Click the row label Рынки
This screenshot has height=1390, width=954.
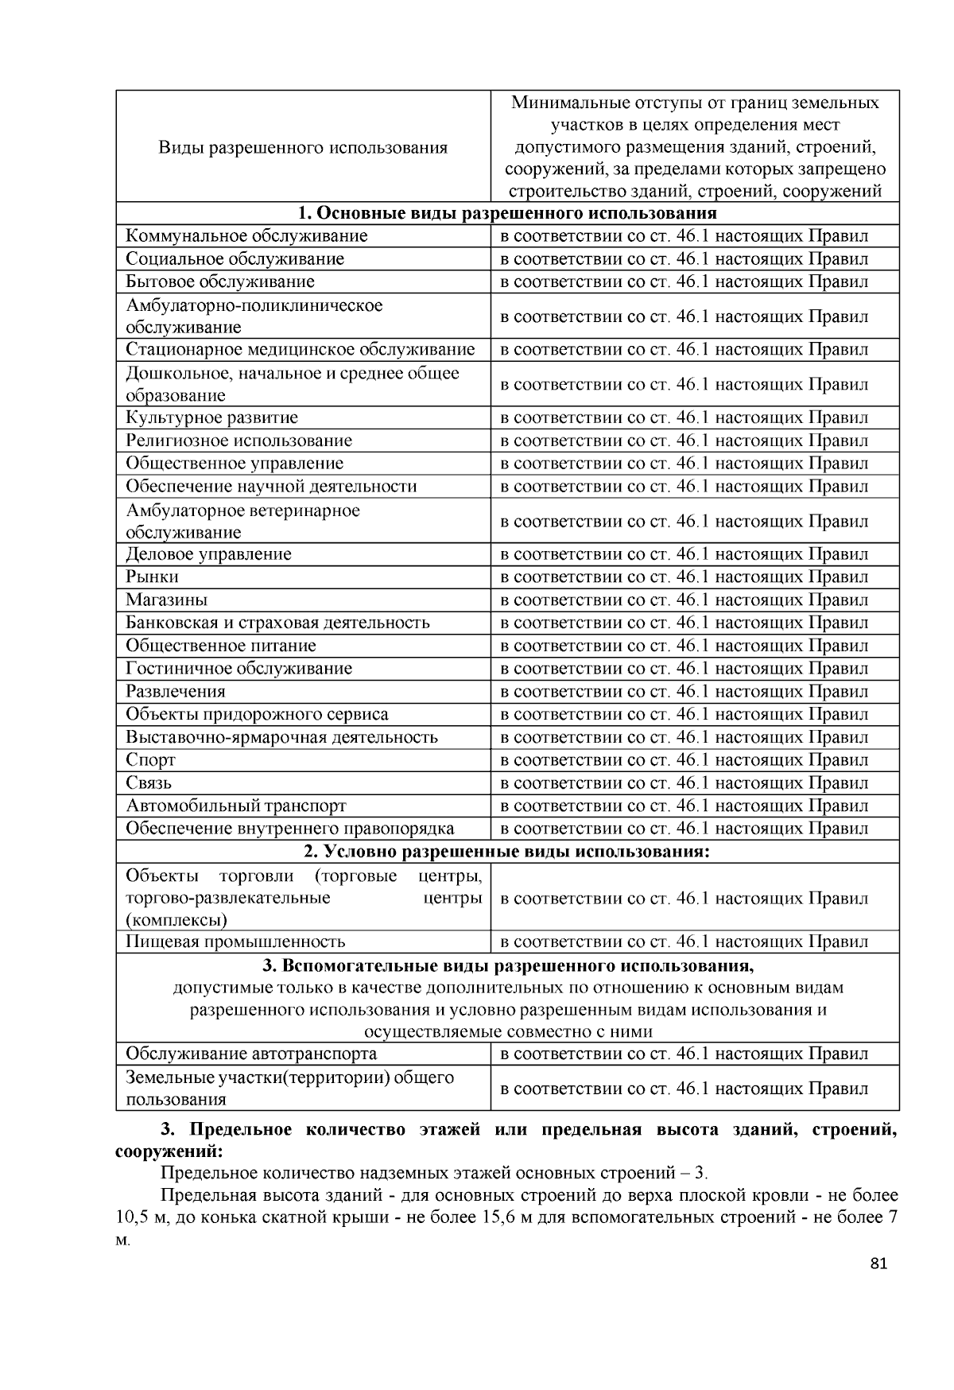click(x=153, y=577)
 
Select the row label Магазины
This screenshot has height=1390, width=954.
click(x=167, y=600)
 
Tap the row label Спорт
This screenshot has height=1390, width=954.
click(x=151, y=760)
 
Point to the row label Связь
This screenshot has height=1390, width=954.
click(x=149, y=783)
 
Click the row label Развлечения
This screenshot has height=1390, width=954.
click(x=176, y=692)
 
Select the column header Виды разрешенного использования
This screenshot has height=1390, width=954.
click(x=303, y=148)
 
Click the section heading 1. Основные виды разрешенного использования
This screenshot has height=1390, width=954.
click(x=507, y=213)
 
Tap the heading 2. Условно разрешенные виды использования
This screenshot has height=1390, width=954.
click(x=507, y=852)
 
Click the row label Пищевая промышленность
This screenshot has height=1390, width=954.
click(x=235, y=942)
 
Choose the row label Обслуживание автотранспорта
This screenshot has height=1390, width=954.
click(x=251, y=1054)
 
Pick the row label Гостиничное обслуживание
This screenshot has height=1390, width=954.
click(x=238, y=669)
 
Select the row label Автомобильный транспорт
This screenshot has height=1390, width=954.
click(x=236, y=806)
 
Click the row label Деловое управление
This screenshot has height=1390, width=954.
click(x=209, y=554)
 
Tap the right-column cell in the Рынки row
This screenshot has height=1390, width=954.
click(x=684, y=577)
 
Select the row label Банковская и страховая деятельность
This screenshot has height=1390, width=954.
click(x=277, y=623)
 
